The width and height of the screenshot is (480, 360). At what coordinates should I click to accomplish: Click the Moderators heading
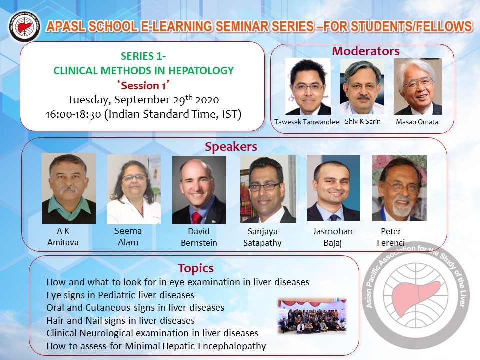tap(366, 51)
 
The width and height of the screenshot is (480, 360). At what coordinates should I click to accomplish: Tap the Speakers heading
tap(231, 147)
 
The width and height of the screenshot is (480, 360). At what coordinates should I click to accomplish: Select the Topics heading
tap(196, 268)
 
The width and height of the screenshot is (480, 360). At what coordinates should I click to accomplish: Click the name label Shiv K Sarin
tap(363, 121)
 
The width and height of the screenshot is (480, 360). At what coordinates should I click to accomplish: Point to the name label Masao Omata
tap(417, 122)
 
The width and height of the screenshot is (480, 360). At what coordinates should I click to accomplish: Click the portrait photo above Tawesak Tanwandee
tap(308, 86)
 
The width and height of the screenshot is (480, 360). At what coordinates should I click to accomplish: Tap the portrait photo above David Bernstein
tap(199, 190)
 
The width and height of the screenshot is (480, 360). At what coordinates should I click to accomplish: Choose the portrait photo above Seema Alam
tap(134, 189)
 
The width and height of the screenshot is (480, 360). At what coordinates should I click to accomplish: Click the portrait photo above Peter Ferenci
tap(399, 188)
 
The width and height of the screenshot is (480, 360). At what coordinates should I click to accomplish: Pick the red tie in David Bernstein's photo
tap(196, 218)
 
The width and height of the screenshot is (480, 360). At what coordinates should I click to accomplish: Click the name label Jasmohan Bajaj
tap(333, 237)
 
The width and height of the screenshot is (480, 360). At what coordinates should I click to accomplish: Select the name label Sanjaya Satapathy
tap(262, 237)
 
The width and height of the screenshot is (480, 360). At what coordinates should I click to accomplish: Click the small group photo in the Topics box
tap(312, 316)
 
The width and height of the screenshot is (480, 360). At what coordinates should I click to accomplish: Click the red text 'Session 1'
tap(143, 85)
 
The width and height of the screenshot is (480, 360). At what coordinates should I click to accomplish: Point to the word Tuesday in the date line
tap(89, 100)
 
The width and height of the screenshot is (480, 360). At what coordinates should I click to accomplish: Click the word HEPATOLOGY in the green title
tap(201, 70)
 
